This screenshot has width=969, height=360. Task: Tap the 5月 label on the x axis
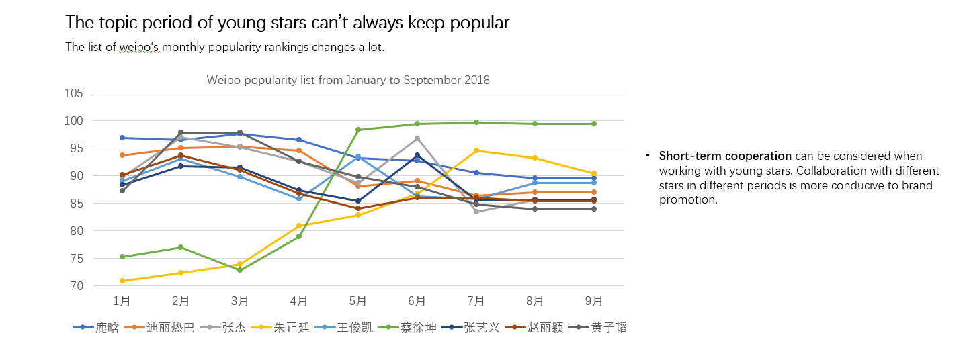pyautogui.click(x=358, y=301)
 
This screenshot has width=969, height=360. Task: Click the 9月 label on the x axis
pyautogui.click(x=594, y=301)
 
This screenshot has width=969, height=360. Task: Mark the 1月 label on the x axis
pyautogui.click(x=122, y=301)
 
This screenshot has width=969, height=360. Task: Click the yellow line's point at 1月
pyautogui.click(x=122, y=281)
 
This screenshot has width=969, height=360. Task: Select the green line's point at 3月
pyautogui.click(x=240, y=270)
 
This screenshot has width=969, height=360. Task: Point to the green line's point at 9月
pyautogui.click(x=594, y=124)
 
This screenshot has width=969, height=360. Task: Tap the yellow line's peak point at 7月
pyautogui.click(x=476, y=150)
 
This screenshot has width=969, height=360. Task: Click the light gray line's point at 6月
pyautogui.click(x=417, y=138)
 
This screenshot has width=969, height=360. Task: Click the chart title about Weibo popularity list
pyautogui.click(x=348, y=80)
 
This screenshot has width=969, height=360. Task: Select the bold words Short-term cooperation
pyautogui.click(x=725, y=156)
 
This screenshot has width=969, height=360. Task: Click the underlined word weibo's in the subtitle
pyautogui.click(x=140, y=48)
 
